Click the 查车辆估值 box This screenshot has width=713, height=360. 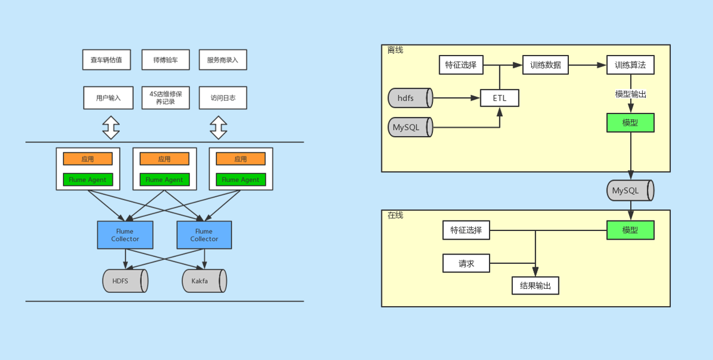tap(106, 60)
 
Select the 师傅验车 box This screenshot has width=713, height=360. tap(166, 60)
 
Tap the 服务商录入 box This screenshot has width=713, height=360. tap(223, 60)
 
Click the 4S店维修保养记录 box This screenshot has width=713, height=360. tap(166, 98)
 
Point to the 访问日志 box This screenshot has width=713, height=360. tap(223, 98)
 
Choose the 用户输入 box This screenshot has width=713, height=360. tap(108, 98)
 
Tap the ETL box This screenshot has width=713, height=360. tap(499, 98)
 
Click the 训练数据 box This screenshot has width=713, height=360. tap(545, 65)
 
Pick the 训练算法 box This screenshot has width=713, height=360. tap(630, 65)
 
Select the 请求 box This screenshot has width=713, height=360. tap(466, 263)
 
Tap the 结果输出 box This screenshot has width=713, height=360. tap(535, 285)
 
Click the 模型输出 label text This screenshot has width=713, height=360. tap(630, 94)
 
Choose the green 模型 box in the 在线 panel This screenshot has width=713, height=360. tap(630, 230)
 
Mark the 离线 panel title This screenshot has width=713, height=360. tap(395, 50)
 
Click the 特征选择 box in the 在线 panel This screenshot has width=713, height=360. tap(466, 230)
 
